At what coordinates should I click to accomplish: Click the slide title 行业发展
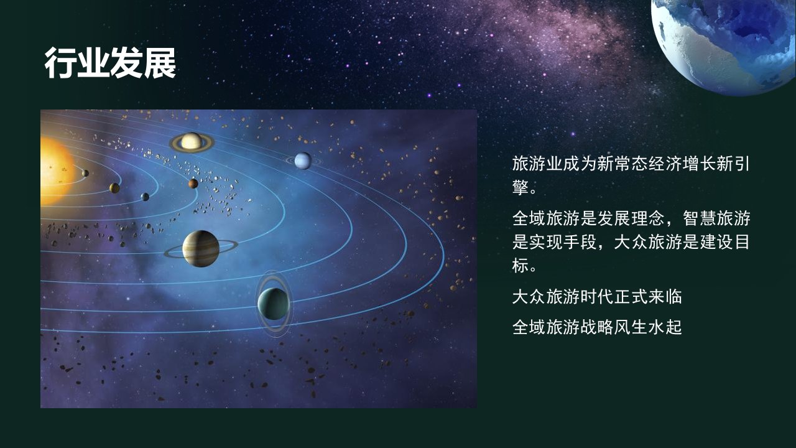(x=110, y=63)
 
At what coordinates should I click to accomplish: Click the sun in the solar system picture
(x=57, y=171)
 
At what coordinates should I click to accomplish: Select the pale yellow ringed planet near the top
(x=192, y=142)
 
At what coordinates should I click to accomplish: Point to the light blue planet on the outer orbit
(x=303, y=161)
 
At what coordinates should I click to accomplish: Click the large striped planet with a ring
(x=201, y=248)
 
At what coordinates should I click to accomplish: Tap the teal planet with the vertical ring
(x=274, y=304)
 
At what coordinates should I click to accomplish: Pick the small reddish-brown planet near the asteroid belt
(x=193, y=184)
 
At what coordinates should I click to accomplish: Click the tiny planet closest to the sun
(x=85, y=173)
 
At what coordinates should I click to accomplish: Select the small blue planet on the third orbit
(x=145, y=197)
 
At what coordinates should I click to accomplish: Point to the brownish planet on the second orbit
(x=114, y=188)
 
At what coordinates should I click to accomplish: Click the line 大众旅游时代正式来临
(x=597, y=297)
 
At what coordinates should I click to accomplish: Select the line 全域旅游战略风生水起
(x=597, y=327)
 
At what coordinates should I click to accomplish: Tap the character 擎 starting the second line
(x=521, y=187)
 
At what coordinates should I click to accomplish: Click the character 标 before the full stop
(x=521, y=265)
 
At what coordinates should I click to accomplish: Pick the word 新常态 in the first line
(x=622, y=164)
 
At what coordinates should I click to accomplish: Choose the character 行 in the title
(x=60, y=63)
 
